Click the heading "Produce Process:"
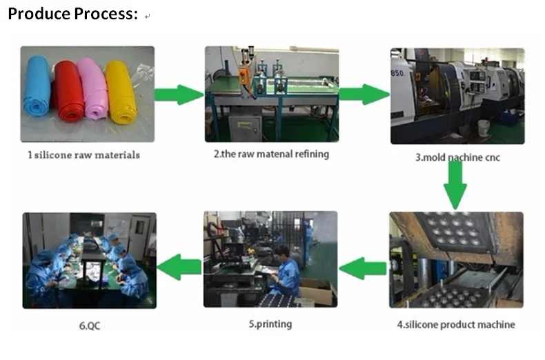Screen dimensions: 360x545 [72, 14]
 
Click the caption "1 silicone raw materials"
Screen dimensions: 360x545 [83, 155]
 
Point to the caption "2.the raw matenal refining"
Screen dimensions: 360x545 [271, 154]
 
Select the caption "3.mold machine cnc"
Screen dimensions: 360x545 [457, 157]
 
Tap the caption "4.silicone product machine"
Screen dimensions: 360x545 [456, 324]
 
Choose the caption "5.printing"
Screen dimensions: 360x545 [270, 323]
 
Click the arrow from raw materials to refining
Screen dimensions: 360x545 [179, 94]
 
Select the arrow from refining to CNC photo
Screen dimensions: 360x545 [364, 94]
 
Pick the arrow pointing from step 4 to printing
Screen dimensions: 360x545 [363, 268]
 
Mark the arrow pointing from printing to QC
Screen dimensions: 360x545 [180, 266]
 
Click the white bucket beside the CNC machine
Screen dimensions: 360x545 [484, 128]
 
